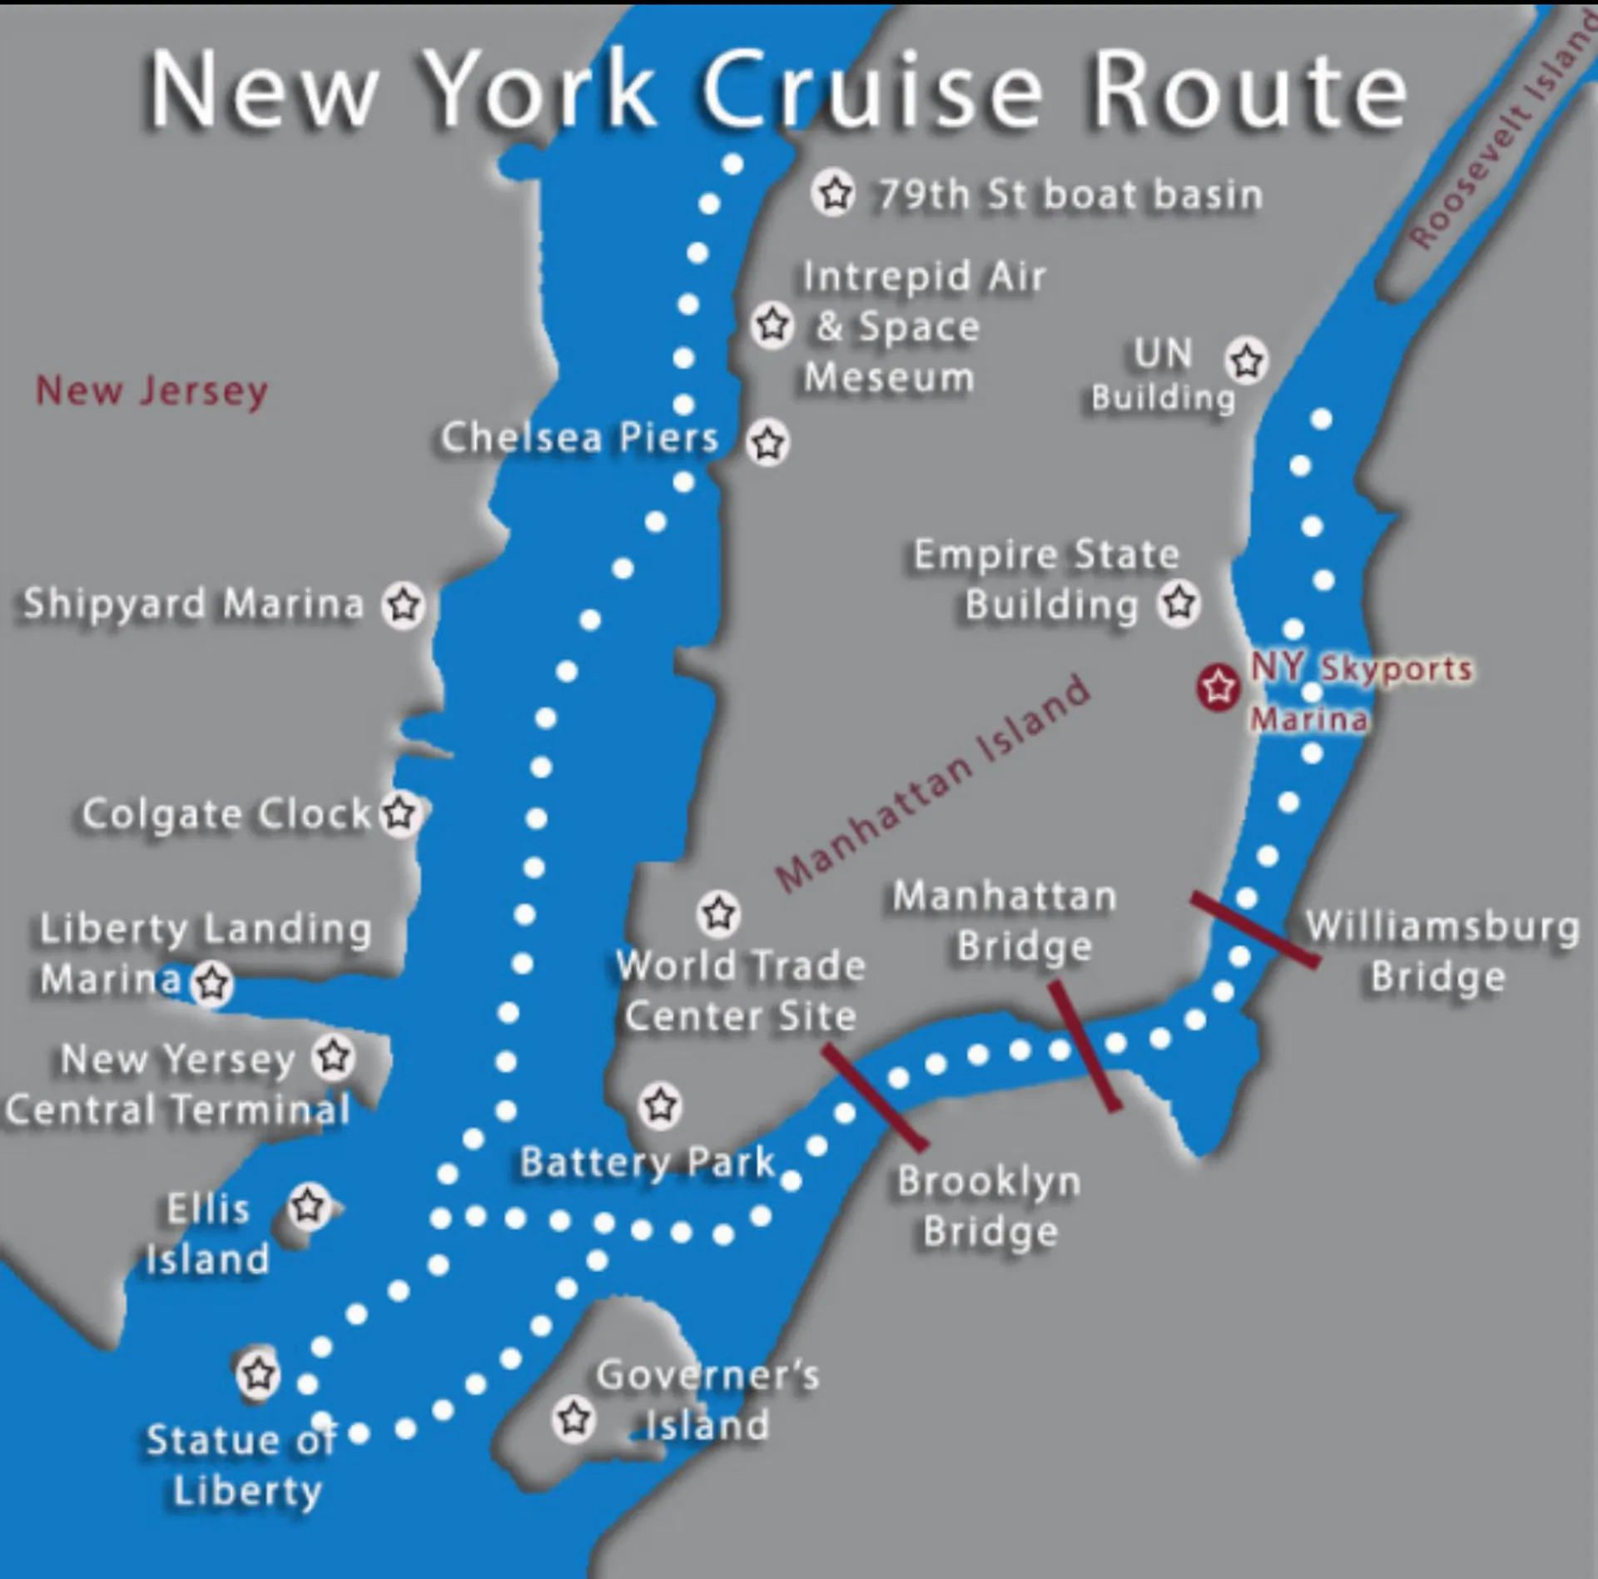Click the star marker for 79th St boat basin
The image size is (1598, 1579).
pyautogui.click(x=834, y=193)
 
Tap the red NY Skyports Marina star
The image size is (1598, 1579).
pyautogui.click(x=1218, y=688)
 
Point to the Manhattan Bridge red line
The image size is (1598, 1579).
pyautogui.click(x=1084, y=1045)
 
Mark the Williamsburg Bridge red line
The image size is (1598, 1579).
pyautogui.click(x=1254, y=929)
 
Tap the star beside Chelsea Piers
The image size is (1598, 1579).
pyautogui.click(x=767, y=443)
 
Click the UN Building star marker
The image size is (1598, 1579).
pyautogui.click(x=1246, y=361)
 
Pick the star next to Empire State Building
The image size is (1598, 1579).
pyautogui.click(x=1179, y=602)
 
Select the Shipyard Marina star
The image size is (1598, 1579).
pyautogui.click(x=404, y=604)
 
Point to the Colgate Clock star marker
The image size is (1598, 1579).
pyautogui.click(x=400, y=813)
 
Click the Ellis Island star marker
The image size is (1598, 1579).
pyautogui.click(x=309, y=1205)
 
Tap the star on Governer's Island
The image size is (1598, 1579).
pyautogui.click(x=574, y=1418)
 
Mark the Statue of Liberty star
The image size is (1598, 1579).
pyautogui.click(x=258, y=1373)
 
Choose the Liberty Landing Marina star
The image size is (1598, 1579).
pyautogui.click(x=212, y=983)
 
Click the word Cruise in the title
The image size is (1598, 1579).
pyautogui.click(x=871, y=90)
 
